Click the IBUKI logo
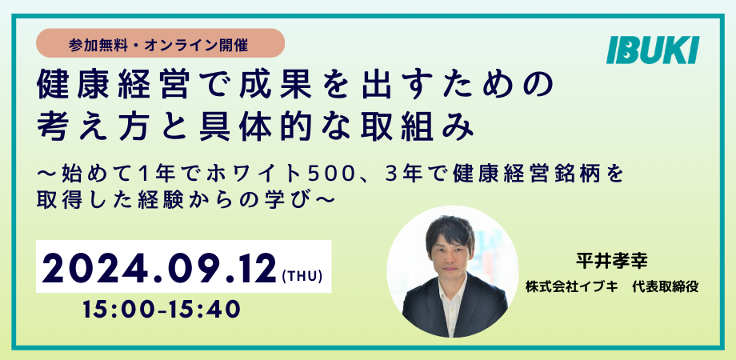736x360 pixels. tap(653, 50)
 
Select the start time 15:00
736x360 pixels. tap(116, 310)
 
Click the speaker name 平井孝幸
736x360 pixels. tap(612, 262)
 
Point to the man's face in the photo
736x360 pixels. tap(450, 251)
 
